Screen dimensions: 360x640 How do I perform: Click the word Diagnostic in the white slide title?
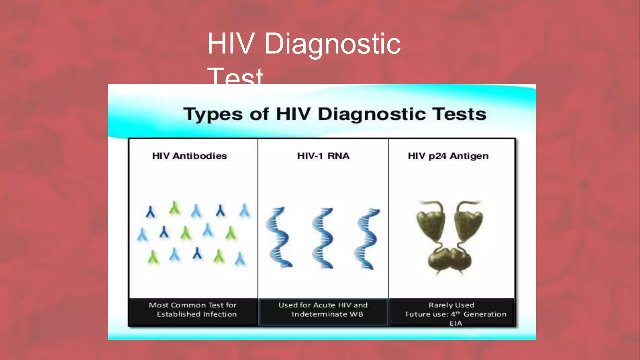coord(332,44)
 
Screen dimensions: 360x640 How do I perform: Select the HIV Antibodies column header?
coord(189,156)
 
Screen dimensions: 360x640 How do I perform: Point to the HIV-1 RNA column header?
coord(323,156)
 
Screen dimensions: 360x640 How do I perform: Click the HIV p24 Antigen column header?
coord(448,156)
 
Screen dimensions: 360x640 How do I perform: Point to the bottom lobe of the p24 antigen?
coord(449,259)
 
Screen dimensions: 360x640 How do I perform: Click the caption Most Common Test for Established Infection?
coord(193,309)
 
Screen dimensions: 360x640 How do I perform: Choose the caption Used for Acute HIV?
coord(323,305)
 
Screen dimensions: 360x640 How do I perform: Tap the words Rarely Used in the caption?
coord(451,305)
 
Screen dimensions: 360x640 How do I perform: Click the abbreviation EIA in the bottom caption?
coord(456,323)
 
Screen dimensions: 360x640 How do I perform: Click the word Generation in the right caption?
coord(485,314)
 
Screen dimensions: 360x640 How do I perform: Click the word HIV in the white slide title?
coord(230,44)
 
